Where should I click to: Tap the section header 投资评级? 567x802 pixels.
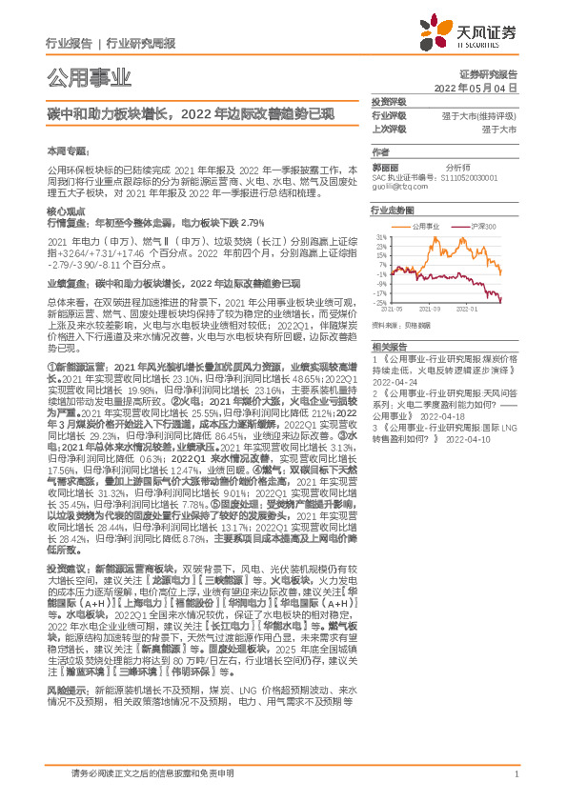(x=388, y=101)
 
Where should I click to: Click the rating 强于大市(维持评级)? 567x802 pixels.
(x=479, y=114)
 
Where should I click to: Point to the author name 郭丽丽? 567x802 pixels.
(x=388, y=165)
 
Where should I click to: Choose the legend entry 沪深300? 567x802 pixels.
(x=486, y=228)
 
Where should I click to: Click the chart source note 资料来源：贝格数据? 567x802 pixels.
(x=401, y=324)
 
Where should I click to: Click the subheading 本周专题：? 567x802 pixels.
(x=67, y=150)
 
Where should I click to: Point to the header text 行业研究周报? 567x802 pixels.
(x=140, y=43)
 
